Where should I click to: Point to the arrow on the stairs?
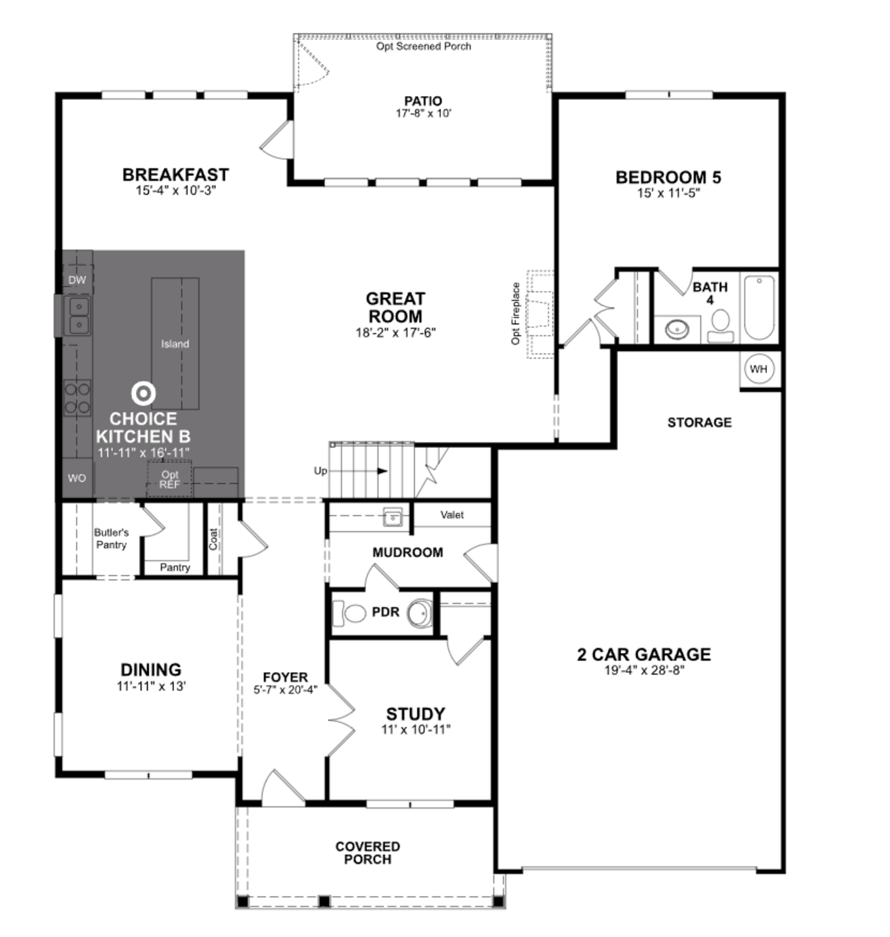[x=382, y=471]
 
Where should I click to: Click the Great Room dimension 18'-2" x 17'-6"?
[x=396, y=333]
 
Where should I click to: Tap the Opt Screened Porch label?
[x=423, y=47]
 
